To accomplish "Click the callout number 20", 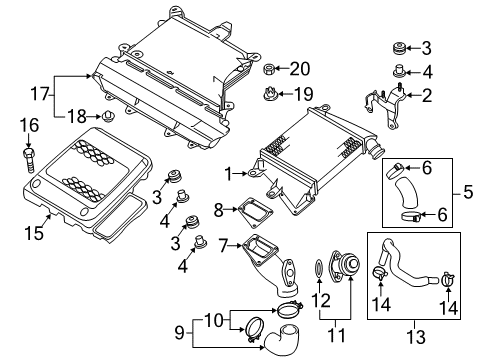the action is (300, 69).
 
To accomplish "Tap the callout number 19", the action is (303, 94).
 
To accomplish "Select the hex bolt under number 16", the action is (29, 161).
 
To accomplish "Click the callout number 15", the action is (34, 232).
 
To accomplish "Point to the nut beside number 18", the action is (108, 116).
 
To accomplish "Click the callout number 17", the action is (40, 93).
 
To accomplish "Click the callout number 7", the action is (223, 246).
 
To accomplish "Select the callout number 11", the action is (337, 335).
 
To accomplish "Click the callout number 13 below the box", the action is (416, 337).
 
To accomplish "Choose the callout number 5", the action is (468, 192).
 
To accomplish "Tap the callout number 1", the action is (229, 174).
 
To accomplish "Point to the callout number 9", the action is (180, 332).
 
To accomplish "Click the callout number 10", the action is (213, 320).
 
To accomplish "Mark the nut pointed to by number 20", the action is (269, 69).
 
